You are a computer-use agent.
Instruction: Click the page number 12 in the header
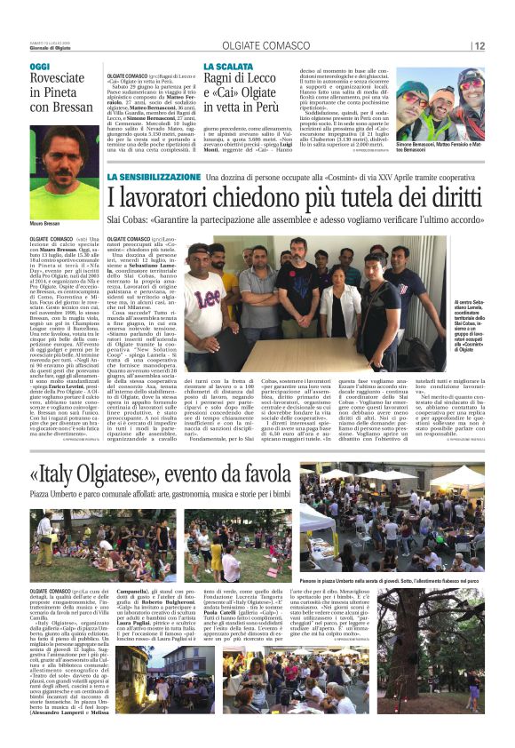point(479,46)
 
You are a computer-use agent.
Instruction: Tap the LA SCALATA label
point(229,67)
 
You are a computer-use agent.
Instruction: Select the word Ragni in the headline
point(223,80)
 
